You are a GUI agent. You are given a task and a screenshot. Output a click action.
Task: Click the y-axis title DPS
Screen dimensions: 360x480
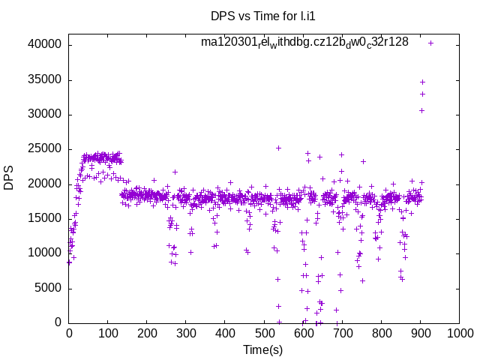[9, 178]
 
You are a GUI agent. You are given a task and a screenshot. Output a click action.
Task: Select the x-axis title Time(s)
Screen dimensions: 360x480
[263, 349]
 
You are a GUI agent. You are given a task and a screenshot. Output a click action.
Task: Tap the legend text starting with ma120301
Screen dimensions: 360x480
[304, 42]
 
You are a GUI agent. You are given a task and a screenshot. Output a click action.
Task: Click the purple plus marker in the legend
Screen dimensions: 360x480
[430, 43]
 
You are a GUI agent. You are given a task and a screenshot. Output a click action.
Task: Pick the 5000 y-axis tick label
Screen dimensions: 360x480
[48, 288]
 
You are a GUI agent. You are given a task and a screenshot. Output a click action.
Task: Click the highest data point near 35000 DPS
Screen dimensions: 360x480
[422, 82]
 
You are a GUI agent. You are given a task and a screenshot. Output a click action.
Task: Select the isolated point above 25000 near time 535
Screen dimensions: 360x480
[278, 148]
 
